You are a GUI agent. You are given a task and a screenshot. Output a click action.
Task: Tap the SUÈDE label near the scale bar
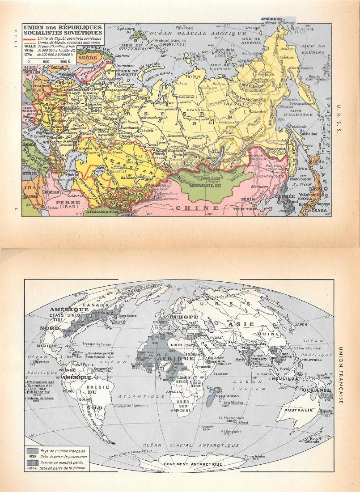84,58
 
